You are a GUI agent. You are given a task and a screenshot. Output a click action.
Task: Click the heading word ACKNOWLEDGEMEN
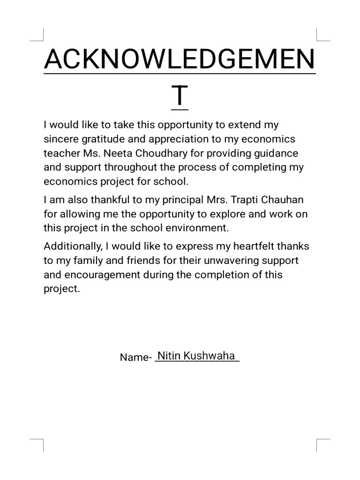(180, 60)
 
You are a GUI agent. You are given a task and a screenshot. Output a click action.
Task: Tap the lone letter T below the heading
(180, 96)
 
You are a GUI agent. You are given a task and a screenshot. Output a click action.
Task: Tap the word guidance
(275, 153)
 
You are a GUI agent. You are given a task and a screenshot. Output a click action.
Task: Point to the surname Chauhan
(284, 200)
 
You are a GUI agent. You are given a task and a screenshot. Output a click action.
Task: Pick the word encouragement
(103, 274)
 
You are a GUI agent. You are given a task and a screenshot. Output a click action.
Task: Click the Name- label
(135, 357)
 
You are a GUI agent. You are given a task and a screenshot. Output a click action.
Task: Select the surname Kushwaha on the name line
(209, 356)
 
